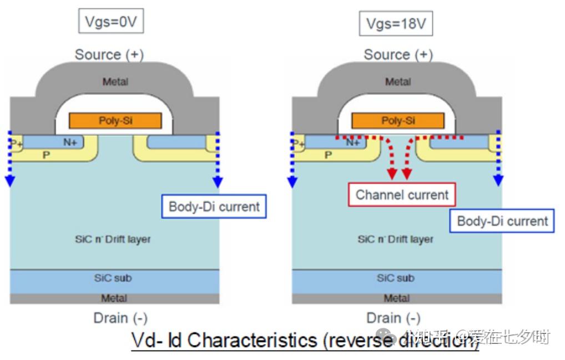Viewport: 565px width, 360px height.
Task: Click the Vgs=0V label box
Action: pyautogui.click(x=110, y=22)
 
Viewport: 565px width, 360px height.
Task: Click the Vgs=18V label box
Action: pyautogui.click(x=396, y=23)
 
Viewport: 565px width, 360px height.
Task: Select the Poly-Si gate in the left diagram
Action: pyautogui.click(x=115, y=120)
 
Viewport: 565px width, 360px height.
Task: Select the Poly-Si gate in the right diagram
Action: pyautogui.click(x=397, y=120)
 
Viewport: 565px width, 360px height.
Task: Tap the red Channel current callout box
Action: pyautogui.click(x=402, y=195)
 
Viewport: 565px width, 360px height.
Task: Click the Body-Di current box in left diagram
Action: pyautogui.click(x=214, y=207)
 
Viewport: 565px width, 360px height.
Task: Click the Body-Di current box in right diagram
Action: pyautogui.click(x=502, y=221)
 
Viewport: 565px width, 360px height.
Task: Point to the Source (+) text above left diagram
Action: pyautogui.click(x=109, y=54)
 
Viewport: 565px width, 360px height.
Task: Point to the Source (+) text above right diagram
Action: pyautogui.click(x=398, y=54)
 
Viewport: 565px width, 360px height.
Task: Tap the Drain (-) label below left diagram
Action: pyautogui.click(x=120, y=318)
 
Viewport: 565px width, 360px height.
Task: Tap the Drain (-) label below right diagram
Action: pyautogui.click(x=393, y=318)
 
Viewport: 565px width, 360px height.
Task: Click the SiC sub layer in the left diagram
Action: pyautogui.click(x=113, y=278)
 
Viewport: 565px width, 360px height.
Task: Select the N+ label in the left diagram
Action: pyautogui.click(x=70, y=142)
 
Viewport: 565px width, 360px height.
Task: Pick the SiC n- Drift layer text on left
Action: pyautogui.click(x=113, y=240)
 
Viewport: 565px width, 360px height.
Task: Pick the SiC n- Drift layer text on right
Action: pyautogui.click(x=395, y=240)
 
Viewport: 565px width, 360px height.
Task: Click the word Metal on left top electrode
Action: pyautogui.click(x=115, y=82)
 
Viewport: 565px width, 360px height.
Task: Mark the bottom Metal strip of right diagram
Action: pyautogui.click(x=396, y=298)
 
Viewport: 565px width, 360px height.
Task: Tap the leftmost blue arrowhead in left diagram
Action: pyautogui.click(x=9, y=181)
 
